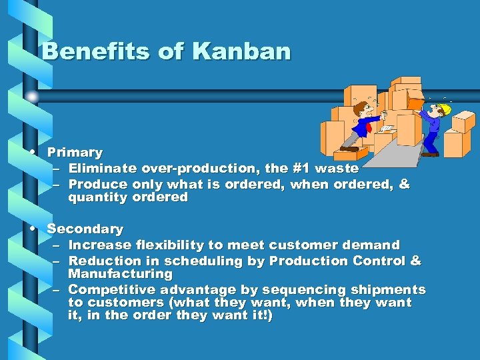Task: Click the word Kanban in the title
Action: pos(241,51)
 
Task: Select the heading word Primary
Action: pos(75,153)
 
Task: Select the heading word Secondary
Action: pos(85,229)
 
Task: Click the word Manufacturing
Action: pos(120,274)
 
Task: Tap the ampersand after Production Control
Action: pos(415,261)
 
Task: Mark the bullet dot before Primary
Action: pos(33,152)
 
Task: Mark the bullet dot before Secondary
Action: pos(33,228)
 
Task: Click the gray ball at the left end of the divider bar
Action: pos(31,96)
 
